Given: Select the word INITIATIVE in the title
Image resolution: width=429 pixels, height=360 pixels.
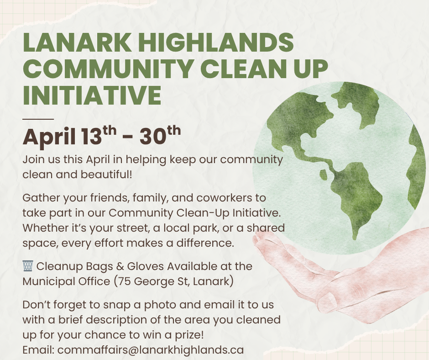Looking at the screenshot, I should pyautogui.click(x=92, y=95).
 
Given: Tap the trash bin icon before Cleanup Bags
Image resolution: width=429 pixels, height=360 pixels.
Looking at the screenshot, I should pyautogui.click(x=27, y=266).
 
